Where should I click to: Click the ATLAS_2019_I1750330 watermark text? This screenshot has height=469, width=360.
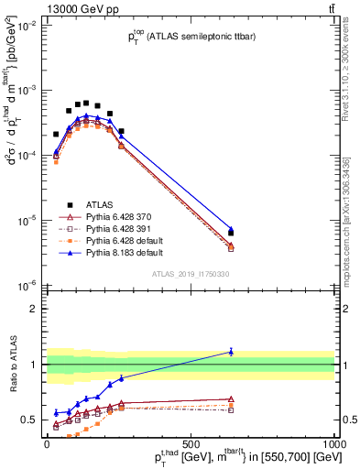click(190, 273)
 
